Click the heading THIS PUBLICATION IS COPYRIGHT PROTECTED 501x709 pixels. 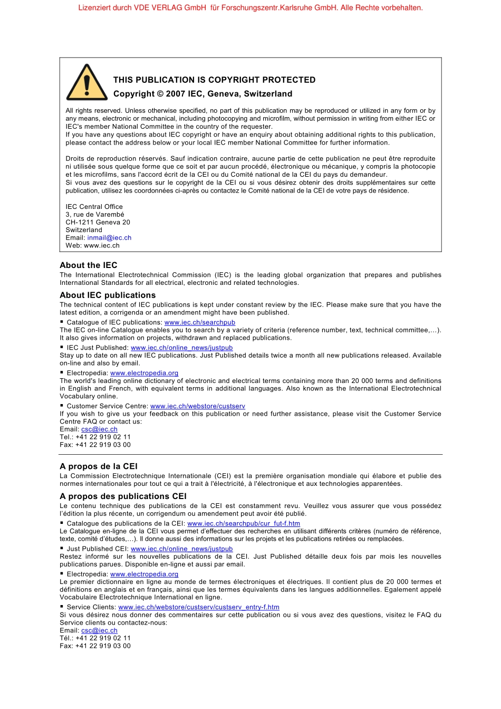point(214,80)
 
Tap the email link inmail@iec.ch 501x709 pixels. point(109,238)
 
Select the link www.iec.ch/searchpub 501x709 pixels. point(200,322)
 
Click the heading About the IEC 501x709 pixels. point(89,265)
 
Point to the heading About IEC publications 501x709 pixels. point(108,295)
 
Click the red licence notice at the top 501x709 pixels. point(250,8)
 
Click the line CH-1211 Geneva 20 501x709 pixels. point(98,222)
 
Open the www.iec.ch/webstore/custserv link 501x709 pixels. point(198,406)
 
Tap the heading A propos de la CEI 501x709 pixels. point(99,466)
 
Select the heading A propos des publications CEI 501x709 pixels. point(123,496)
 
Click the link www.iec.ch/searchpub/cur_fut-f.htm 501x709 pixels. point(244,524)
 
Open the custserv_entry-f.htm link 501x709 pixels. point(199,607)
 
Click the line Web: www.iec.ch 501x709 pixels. point(93,245)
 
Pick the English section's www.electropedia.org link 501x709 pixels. point(144,373)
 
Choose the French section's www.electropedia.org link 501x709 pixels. point(144,574)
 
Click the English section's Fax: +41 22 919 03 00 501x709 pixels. point(95,445)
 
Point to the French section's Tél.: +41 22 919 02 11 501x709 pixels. point(95,638)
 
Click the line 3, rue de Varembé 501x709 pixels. point(95,215)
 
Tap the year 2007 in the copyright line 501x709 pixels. point(176,94)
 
